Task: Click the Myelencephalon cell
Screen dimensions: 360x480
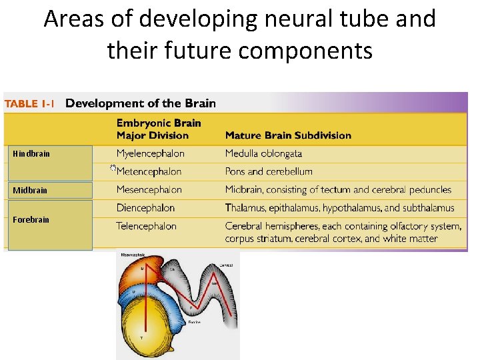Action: (x=150, y=153)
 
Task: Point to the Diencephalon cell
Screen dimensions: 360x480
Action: (x=145, y=208)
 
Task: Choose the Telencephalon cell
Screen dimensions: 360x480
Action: (x=146, y=226)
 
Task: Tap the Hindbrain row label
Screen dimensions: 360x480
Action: (x=31, y=154)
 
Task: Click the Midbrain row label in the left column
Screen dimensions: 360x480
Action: (x=30, y=191)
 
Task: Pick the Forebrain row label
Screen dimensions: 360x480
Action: (x=31, y=219)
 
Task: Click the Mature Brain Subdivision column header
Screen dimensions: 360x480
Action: (x=288, y=135)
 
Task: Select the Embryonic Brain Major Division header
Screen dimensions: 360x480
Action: (x=159, y=129)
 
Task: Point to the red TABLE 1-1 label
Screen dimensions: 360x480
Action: (x=30, y=104)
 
